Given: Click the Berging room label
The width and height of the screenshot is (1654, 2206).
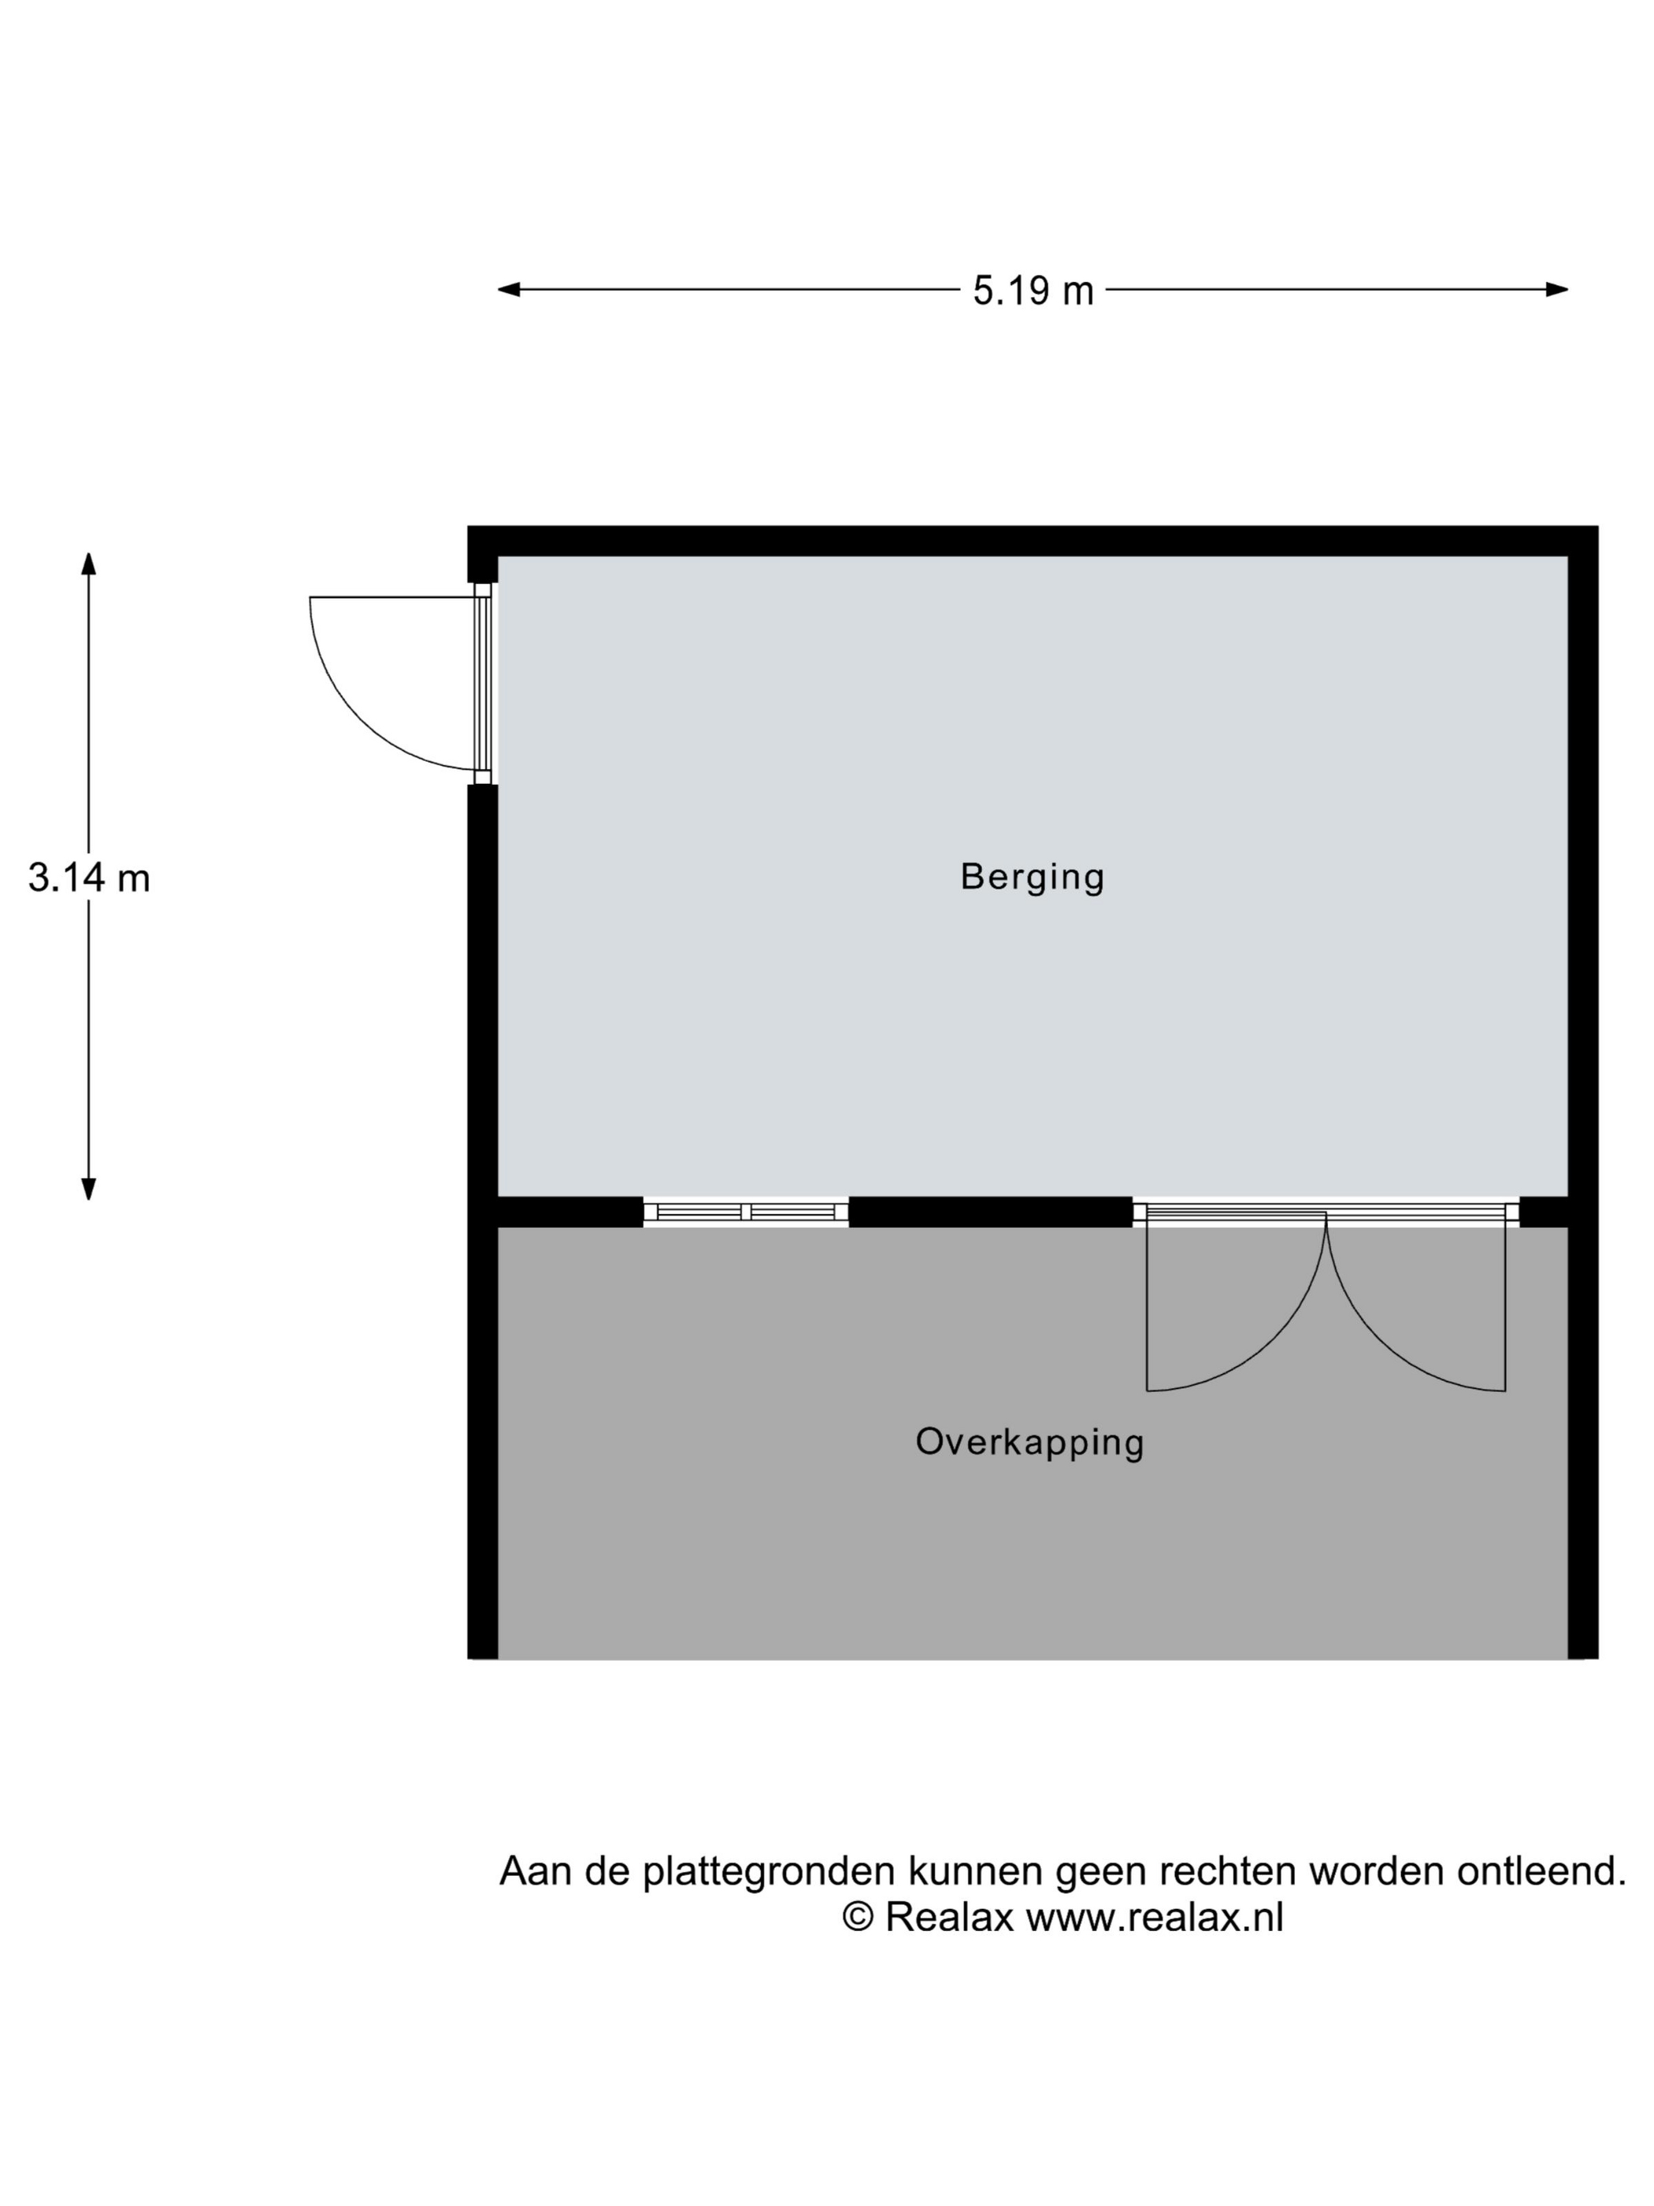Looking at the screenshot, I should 1032,877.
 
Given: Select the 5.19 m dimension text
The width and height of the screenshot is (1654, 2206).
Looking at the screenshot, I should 1033,292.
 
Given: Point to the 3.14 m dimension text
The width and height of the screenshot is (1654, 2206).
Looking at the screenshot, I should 89,878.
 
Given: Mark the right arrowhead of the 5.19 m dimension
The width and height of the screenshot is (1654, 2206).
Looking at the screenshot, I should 1556,290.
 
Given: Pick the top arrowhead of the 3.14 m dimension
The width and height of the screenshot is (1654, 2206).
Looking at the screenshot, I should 89,564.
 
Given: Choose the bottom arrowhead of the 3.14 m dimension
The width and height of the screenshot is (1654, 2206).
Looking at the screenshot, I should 89,1188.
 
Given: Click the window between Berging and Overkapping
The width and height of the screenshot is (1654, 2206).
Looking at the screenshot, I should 746,1212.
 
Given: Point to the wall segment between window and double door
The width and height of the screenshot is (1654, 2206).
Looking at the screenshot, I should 990,1212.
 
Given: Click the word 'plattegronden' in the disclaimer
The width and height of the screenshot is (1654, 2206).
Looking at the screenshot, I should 768,1871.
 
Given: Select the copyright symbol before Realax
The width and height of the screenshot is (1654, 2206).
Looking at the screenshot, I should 858,1916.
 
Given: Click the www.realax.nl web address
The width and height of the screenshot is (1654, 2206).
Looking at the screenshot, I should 1155,1916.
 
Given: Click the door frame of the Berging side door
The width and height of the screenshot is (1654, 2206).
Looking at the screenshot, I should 483,684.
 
